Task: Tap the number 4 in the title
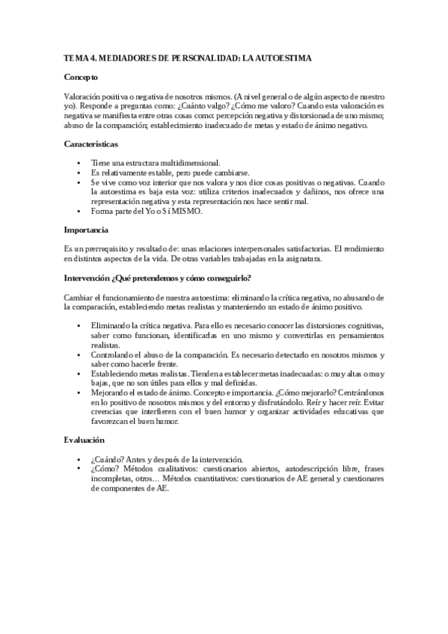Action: tap(91, 58)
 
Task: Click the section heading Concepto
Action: tap(81, 77)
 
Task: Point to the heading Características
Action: tap(90, 143)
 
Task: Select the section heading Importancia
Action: tap(86, 230)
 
